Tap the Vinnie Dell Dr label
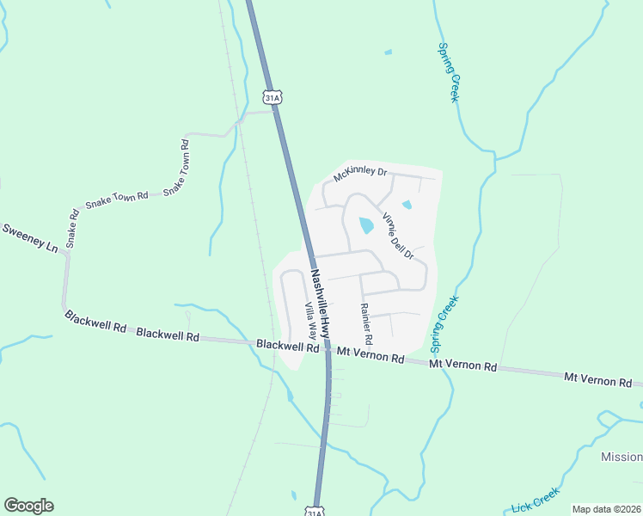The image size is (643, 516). pyautogui.click(x=398, y=236)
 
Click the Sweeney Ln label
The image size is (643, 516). pyautogui.click(x=29, y=238)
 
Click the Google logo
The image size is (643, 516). pyautogui.click(x=28, y=506)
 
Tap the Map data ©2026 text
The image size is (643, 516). pyautogui.click(x=607, y=509)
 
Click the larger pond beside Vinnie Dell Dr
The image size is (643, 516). pyautogui.click(x=366, y=225)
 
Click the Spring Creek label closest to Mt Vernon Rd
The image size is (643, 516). pyautogui.click(x=445, y=325)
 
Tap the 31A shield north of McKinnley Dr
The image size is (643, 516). pyautogui.click(x=273, y=98)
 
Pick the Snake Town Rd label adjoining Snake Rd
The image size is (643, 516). pyautogui.click(x=117, y=201)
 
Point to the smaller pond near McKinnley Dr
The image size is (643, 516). pyautogui.click(x=407, y=205)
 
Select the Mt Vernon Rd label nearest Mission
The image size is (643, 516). pyautogui.click(x=597, y=378)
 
